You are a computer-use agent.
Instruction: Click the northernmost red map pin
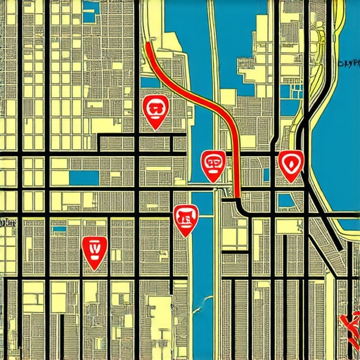(155, 110)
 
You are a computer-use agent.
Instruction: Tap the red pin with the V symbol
(94, 250)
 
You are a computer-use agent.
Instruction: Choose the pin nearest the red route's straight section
(214, 164)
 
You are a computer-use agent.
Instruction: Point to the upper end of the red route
(148, 44)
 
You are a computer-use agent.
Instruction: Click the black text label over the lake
(349, 63)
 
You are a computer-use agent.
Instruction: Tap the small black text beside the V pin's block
(8, 224)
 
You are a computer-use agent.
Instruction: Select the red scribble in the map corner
(349, 323)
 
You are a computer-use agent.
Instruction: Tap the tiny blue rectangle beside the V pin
(60, 229)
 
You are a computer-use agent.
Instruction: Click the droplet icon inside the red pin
(290, 163)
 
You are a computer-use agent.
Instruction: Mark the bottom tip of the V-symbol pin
(94, 269)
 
